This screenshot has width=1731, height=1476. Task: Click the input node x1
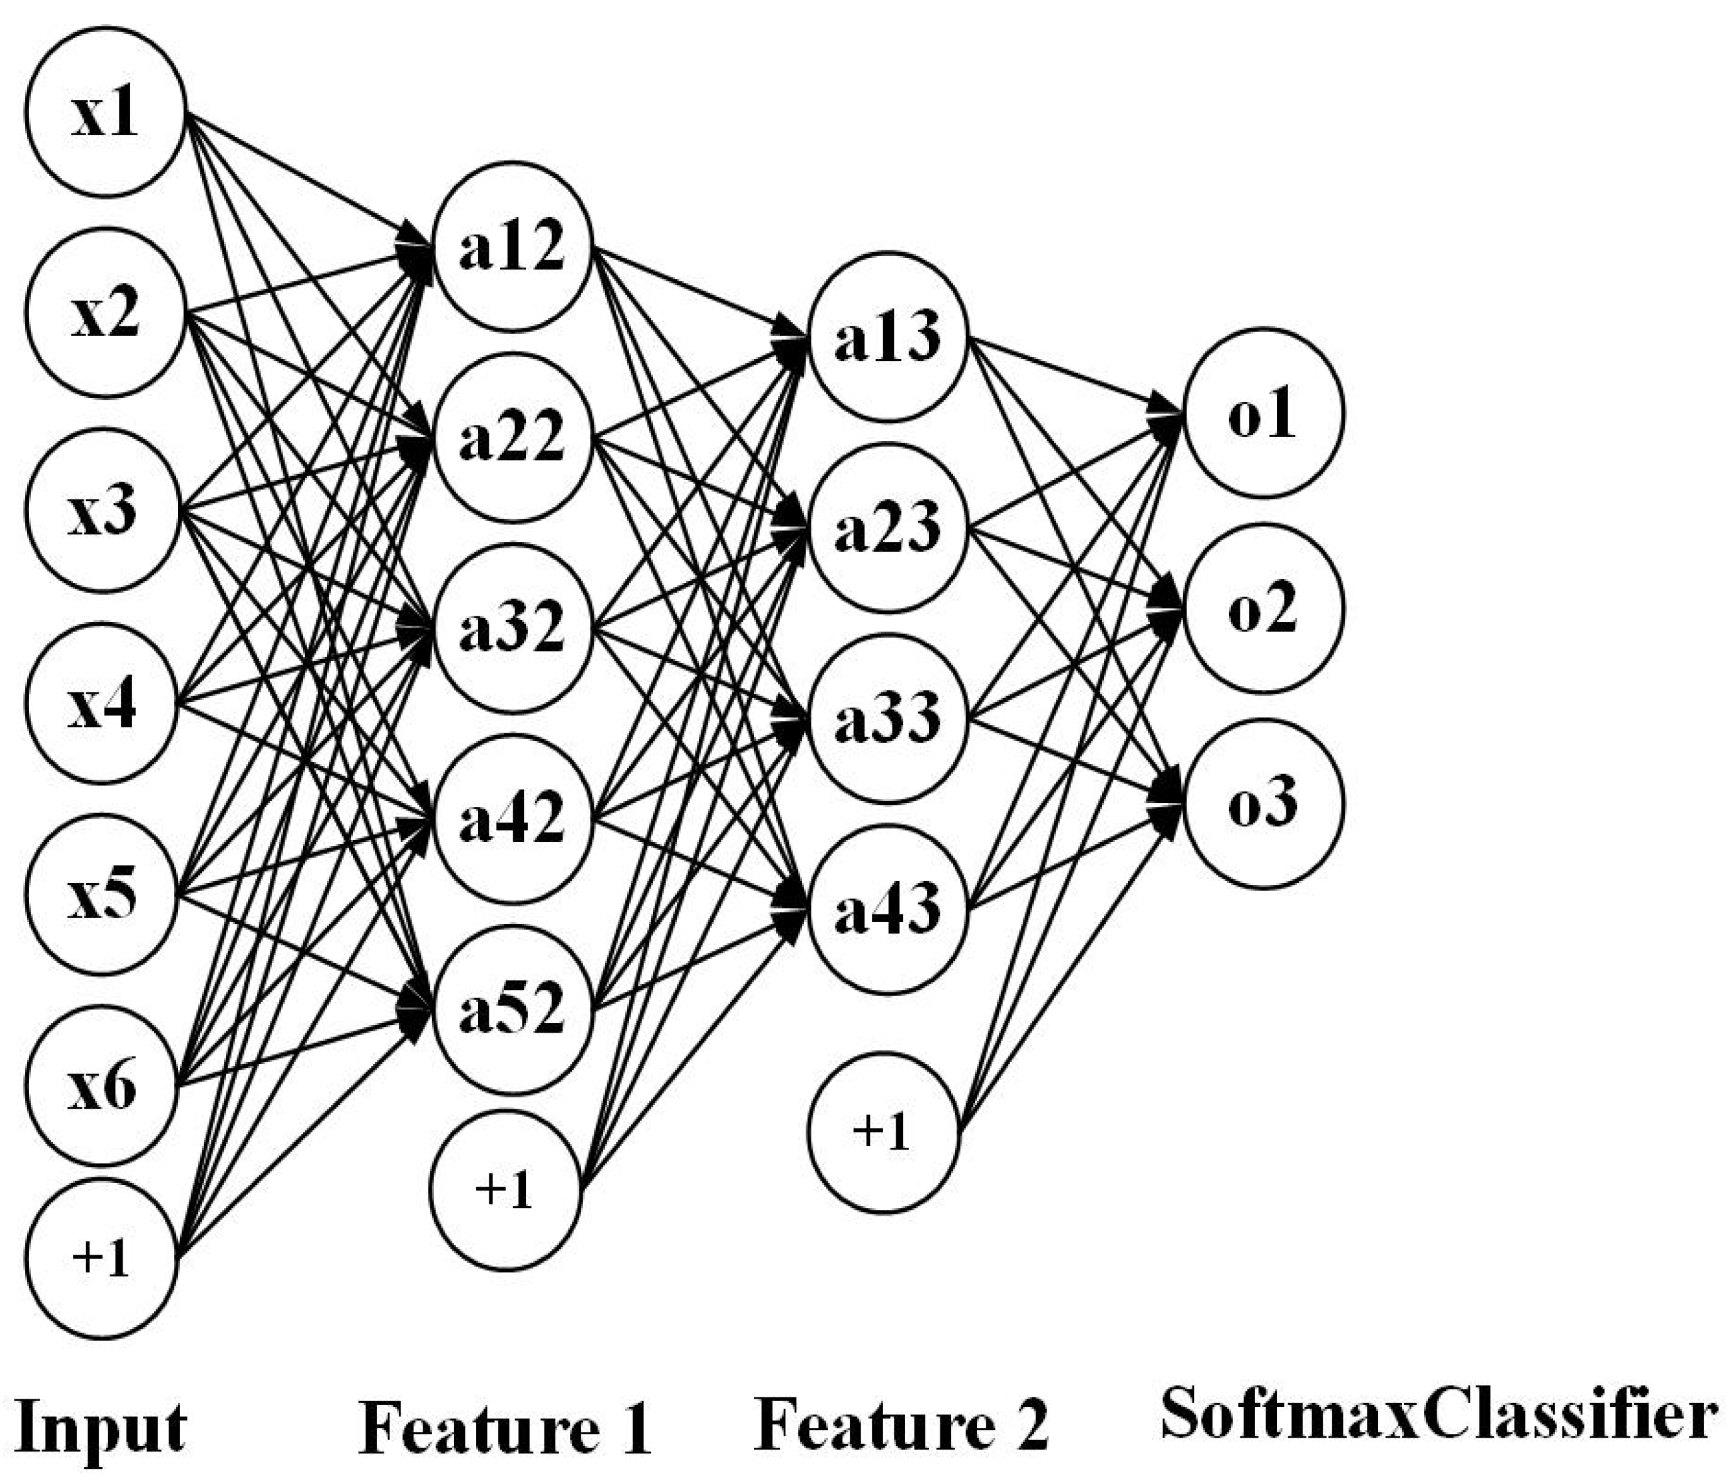tap(104, 112)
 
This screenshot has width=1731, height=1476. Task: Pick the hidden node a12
tap(511, 246)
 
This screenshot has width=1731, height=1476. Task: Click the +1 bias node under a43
tap(883, 1132)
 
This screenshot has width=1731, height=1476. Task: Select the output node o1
tap(1263, 413)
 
